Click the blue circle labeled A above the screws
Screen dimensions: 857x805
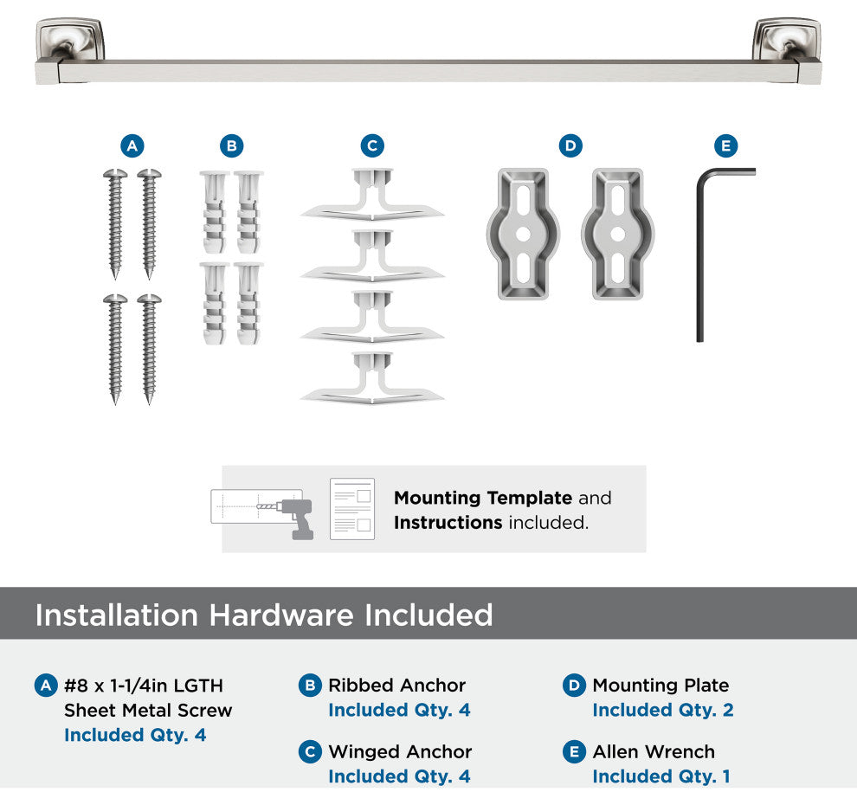[x=132, y=146]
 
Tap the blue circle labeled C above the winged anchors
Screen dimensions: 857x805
[x=372, y=146]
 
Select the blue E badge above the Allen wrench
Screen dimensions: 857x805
[x=725, y=146]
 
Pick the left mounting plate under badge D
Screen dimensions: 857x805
[x=523, y=234]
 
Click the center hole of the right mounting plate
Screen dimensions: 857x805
[x=617, y=234]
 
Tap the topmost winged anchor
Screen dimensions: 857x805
[x=372, y=194]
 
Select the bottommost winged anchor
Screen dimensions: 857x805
[x=372, y=378]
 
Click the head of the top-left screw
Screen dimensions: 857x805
[x=115, y=174]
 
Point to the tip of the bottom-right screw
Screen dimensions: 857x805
[x=149, y=403]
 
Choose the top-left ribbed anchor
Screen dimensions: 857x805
[x=215, y=212]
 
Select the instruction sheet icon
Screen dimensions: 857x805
[x=352, y=509]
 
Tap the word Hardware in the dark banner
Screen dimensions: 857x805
[x=281, y=615]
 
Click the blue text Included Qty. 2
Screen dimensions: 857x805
[x=663, y=710]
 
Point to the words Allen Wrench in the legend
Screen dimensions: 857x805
[x=654, y=752]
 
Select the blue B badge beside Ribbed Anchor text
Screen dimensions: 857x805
[x=310, y=686]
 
